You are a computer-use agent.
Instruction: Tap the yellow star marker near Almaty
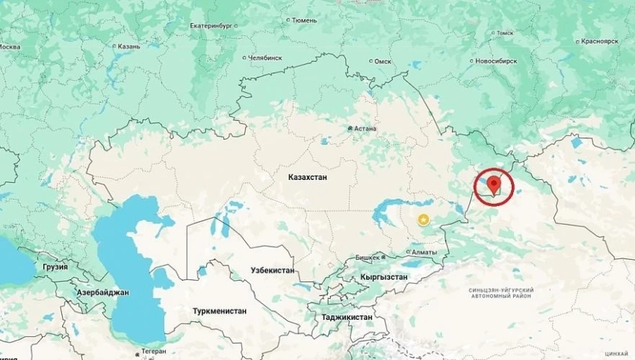click(424, 219)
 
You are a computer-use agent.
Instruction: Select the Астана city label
click(365, 128)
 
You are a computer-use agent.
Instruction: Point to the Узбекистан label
click(273, 270)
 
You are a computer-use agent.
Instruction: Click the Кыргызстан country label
click(384, 276)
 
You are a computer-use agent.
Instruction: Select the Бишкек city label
click(368, 257)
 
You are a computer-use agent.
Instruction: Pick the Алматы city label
click(424, 253)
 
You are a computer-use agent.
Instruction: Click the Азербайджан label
click(103, 293)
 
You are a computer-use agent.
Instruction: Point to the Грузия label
click(55, 267)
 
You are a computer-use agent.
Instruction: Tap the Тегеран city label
click(153, 352)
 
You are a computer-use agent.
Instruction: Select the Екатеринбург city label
click(211, 25)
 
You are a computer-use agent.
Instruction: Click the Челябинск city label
click(265, 58)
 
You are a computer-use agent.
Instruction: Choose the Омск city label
click(382, 61)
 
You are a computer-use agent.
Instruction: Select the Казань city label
click(128, 46)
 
